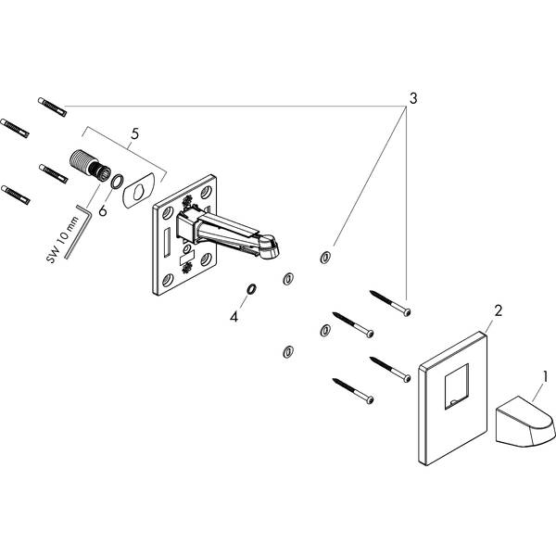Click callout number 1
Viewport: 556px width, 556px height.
(x=546, y=377)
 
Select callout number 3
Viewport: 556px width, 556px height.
(x=413, y=96)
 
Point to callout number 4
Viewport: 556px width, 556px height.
(x=234, y=316)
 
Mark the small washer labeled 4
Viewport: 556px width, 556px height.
(x=249, y=291)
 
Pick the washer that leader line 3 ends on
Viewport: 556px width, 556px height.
(x=324, y=257)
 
